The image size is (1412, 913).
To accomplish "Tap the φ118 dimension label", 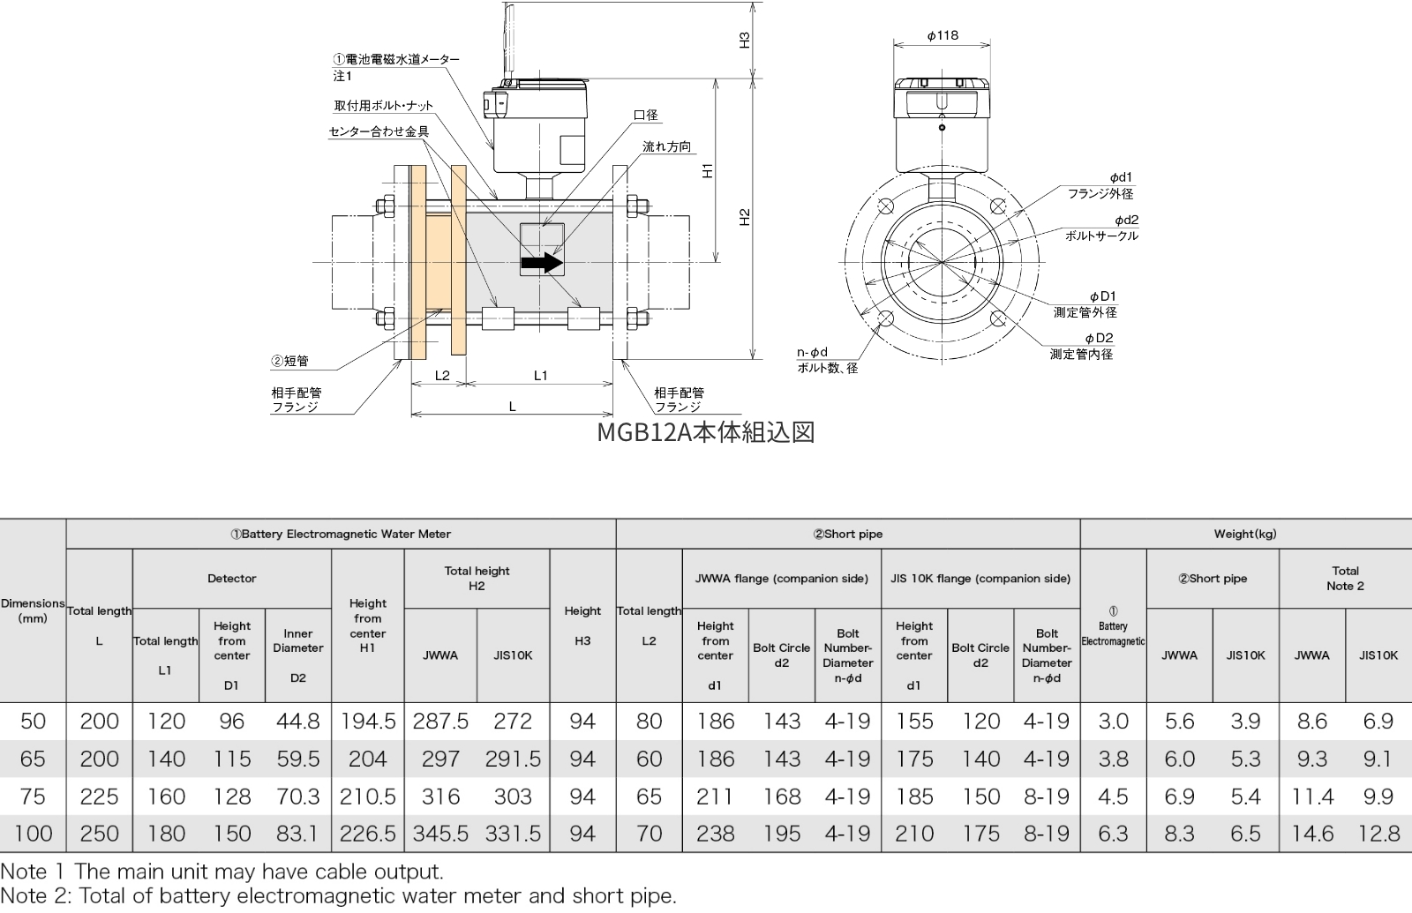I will pyautogui.click(x=943, y=35).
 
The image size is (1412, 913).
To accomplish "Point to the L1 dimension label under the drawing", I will pyautogui.click(x=540, y=376).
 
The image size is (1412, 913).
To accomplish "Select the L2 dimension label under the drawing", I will pyautogui.click(x=442, y=376).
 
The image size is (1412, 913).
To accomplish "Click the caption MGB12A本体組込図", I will pyautogui.click(x=706, y=432).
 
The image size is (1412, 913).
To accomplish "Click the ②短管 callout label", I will pyautogui.click(x=289, y=361).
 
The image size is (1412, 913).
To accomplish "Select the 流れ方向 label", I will pyautogui.click(x=666, y=146).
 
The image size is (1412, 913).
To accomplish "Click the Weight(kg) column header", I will pyautogui.click(x=1244, y=534).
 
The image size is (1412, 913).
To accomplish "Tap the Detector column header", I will pyautogui.click(x=231, y=579).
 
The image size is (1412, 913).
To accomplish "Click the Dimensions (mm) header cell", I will pyautogui.click(x=33, y=610).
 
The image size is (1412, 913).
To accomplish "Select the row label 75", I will pyautogui.click(x=33, y=797).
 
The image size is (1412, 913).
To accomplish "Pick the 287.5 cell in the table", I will pyautogui.click(x=440, y=722).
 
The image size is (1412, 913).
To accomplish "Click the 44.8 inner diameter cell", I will pyautogui.click(x=297, y=722).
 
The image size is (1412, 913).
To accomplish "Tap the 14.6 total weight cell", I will pyautogui.click(x=1311, y=834).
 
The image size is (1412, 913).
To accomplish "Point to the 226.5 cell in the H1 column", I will pyautogui.click(x=367, y=834).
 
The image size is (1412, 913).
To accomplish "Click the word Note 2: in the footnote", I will pyautogui.click(x=36, y=896).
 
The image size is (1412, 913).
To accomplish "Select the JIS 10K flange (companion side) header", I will pyautogui.click(x=980, y=579).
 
